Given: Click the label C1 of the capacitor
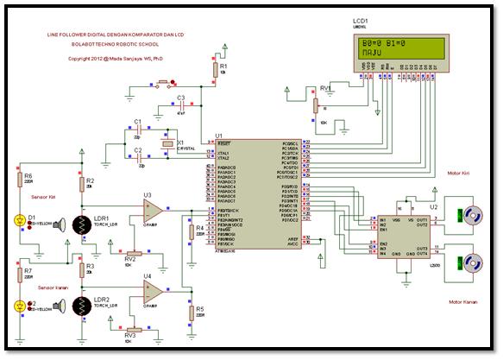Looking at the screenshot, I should click(137, 121).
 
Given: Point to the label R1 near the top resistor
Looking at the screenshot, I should click(224, 66).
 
